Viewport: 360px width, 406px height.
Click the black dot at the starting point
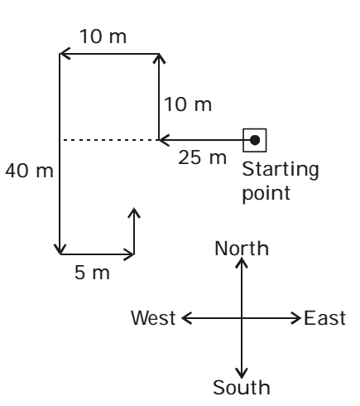(x=255, y=140)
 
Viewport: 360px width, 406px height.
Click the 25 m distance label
(x=202, y=157)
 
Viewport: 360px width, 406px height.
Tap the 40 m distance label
(x=29, y=171)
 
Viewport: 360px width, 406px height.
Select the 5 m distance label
(x=92, y=273)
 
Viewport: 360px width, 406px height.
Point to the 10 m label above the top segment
(x=103, y=36)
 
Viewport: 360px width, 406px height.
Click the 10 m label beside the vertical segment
(x=188, y=104)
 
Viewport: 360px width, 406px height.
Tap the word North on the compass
(x=242, y=249)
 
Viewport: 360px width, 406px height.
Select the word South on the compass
(x=242, y=388)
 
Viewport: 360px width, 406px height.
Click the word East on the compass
(x=324, y=318)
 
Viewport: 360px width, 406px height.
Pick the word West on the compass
(x=153, y=318)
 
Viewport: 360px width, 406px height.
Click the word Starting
(x=281, y=170)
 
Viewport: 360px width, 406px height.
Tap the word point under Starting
(x=266, y=193)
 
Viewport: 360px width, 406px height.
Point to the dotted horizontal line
(x=110, y=140)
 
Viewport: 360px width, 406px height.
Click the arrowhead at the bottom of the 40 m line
(x=60, y=250)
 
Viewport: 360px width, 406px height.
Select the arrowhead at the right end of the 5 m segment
(x=129, y=254)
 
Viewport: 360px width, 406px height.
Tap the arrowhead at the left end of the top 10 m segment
(x=65, y=54)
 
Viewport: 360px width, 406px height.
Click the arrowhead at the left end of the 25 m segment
(x=164, y=140)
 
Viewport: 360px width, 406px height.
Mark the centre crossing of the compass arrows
(x=242, y=318)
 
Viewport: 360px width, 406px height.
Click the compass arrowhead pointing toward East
(x=296, y=318)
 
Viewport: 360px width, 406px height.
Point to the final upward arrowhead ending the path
(x=134, y=213)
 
